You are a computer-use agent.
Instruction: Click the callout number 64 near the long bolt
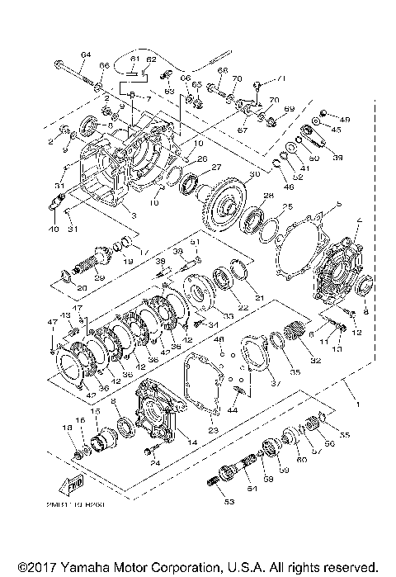[x=85, y=54]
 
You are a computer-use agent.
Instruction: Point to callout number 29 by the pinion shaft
[x=99, y=277]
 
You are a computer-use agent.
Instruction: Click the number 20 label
[x=58, y=287]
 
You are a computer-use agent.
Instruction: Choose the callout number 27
[x=217, y=167]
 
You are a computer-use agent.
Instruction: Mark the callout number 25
[x=288, y=206]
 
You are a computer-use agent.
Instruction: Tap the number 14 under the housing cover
[x=192, y=443]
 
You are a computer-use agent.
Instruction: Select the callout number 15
[x=94, y=411]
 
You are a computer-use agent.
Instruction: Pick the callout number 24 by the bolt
[x=155, y=462]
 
